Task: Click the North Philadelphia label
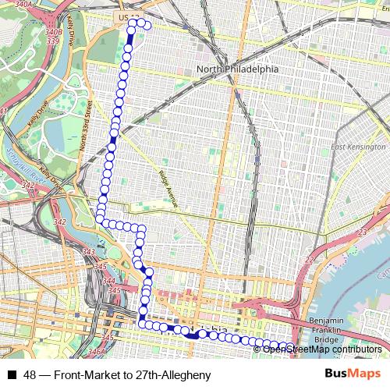[237, 69]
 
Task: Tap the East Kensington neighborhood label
[358, 147]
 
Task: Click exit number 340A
[23, 5]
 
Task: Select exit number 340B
[54, 32]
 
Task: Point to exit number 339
[52, 42]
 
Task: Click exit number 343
[88, 252]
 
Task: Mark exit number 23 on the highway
[362, 233]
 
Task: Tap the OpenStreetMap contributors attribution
[321, 349]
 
